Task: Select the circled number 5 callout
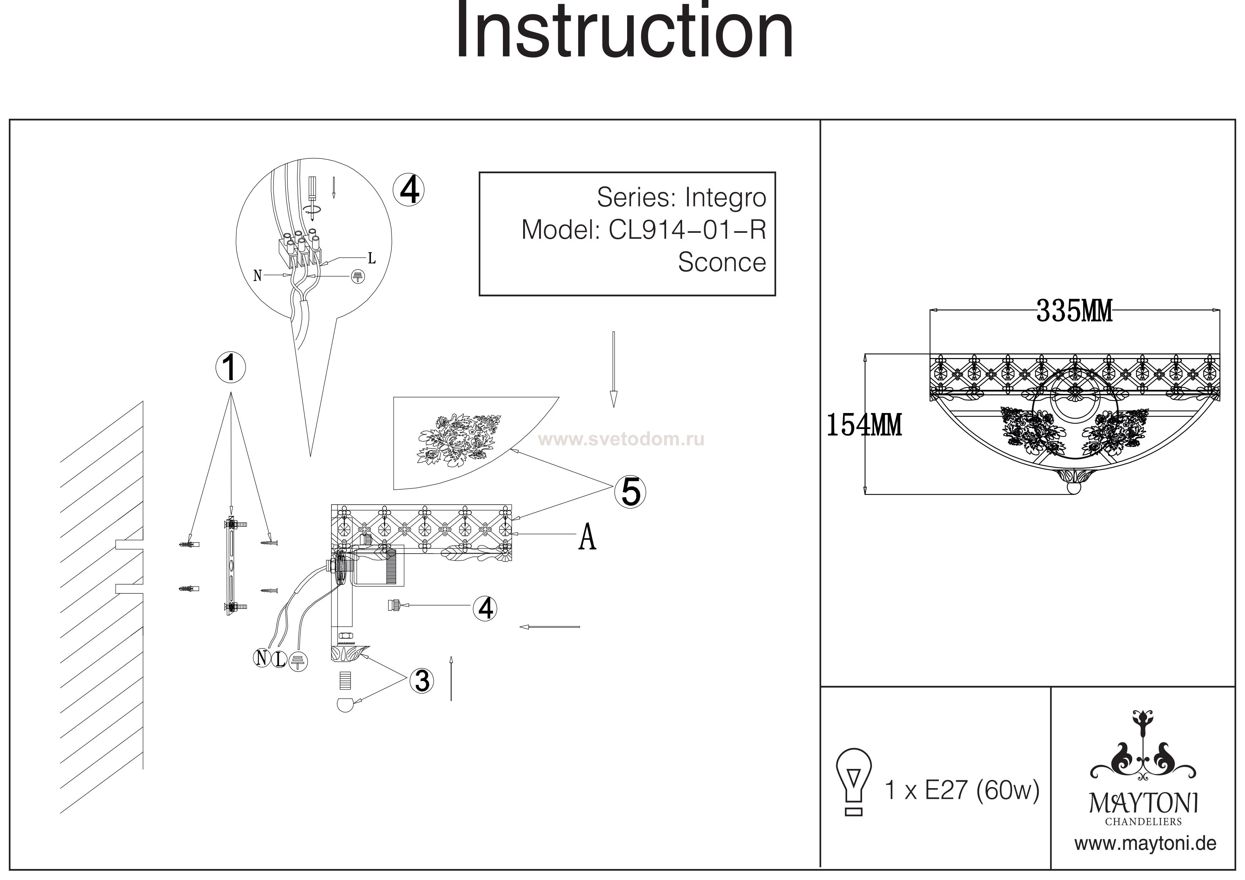[x=630, y=492]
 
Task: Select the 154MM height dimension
[x=864, y=425]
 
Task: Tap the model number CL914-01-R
[x=687, y=230]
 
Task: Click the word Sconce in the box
[x=722, y=263]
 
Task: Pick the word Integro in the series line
[x=725, y=197]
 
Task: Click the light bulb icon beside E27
[x=854, y=780]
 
